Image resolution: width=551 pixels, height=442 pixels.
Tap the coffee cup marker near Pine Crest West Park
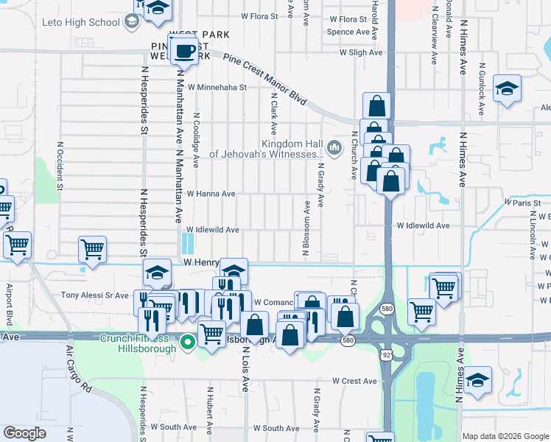click(183, 52)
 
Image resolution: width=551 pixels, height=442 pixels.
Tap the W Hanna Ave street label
click(211, 194)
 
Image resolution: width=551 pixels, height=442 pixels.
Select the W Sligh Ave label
click(361, 53)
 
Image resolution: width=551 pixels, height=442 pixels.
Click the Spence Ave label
click(348, 32)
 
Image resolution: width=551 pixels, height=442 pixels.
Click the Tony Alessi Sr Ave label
click(94, 295)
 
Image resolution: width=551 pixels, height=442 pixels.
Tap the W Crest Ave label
click(354, 381)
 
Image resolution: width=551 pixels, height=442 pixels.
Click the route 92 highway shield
click(385, 354)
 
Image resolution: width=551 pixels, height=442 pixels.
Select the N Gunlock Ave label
click(481, 92)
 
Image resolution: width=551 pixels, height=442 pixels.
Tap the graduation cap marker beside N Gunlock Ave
click(508, 89)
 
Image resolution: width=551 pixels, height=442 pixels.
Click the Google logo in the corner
click(24, 433)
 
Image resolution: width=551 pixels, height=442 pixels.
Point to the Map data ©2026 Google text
click(505, 436)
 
